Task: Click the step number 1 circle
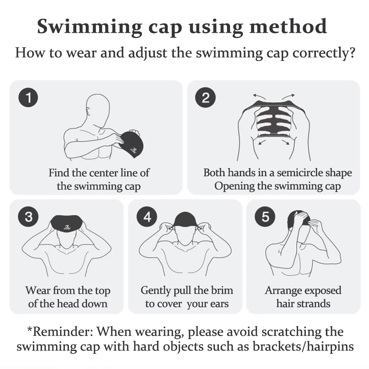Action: [28, 97]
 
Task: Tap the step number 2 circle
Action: [205, 97]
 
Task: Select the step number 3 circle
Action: [28, 216]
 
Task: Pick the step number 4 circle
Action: [147, 216]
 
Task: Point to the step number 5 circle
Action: [265, 216]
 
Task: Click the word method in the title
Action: [288, 27]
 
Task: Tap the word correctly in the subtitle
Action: [324, 53]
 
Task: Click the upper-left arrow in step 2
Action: [259, 96]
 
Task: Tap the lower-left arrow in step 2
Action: [262, 142]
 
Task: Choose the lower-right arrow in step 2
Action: [286, 142]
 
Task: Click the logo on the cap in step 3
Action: [67, 227]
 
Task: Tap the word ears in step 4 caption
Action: [219, 304]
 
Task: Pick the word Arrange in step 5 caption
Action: [280, 291]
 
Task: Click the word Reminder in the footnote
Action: [63, 331]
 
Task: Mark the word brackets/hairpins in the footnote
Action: [303, 347]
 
